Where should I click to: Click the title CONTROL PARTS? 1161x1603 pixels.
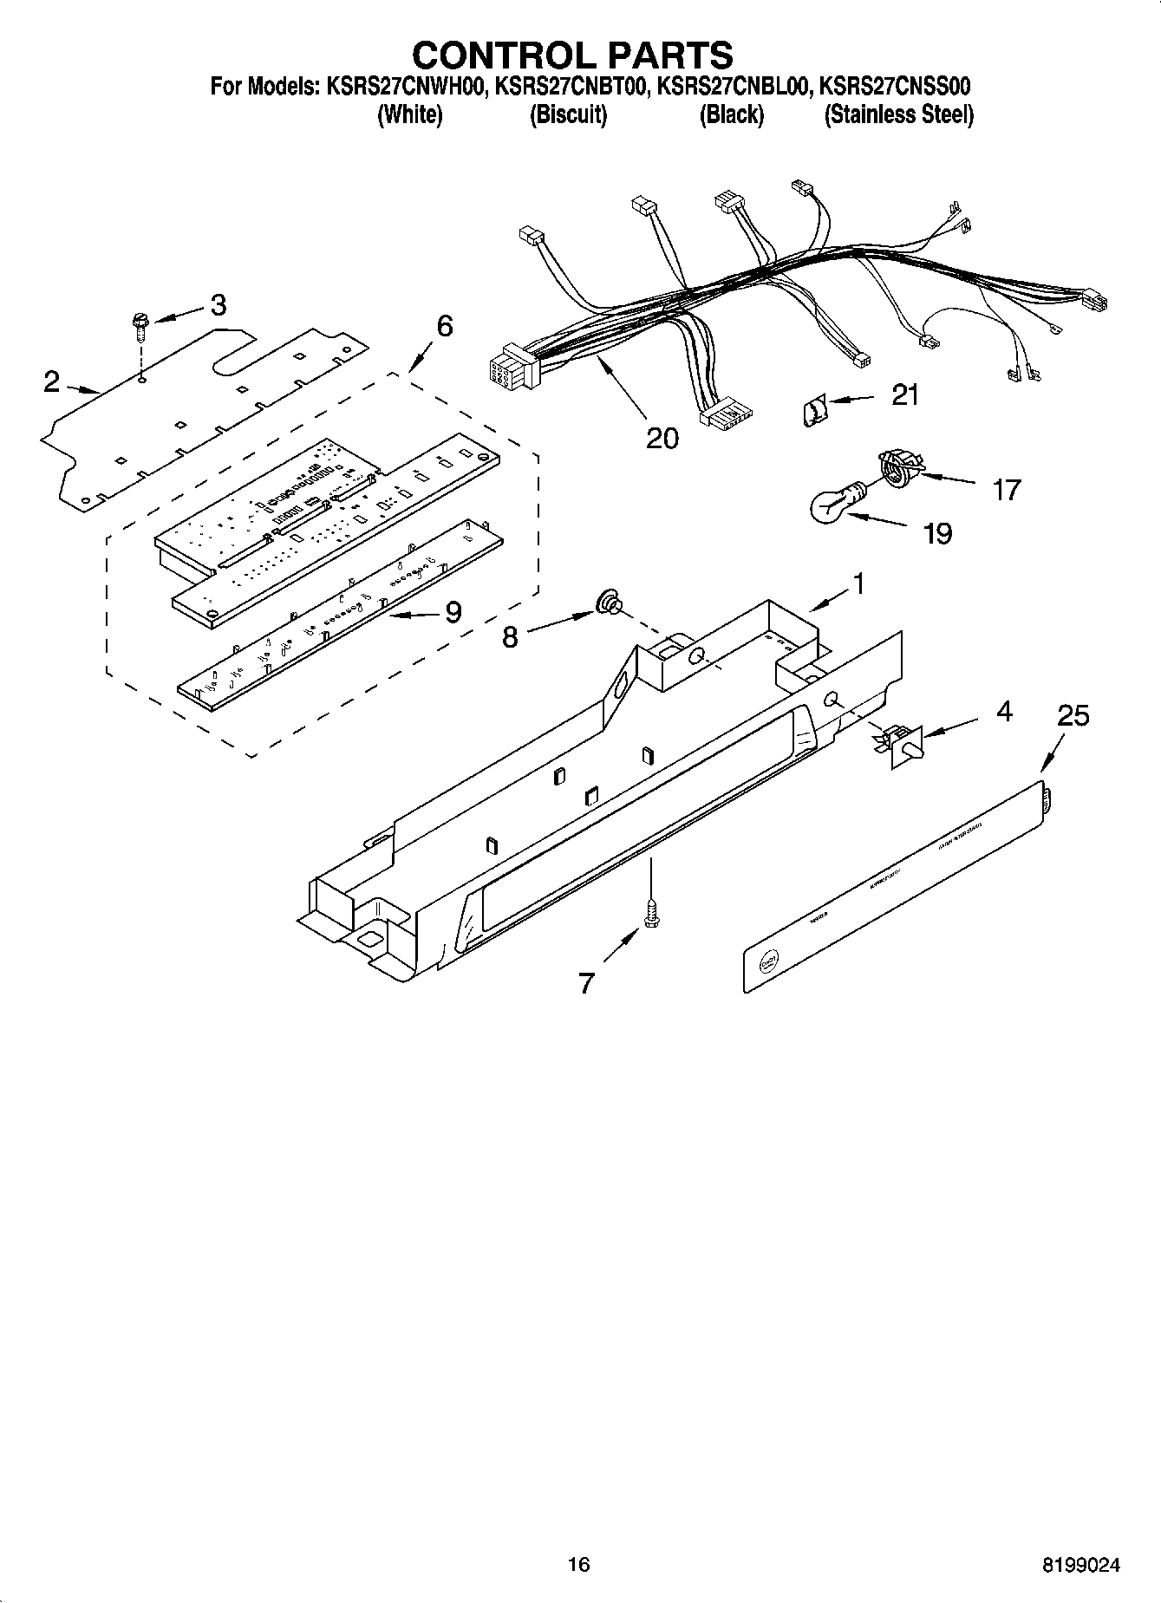tap(572, 55)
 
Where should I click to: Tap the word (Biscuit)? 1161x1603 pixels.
tap(568, 114)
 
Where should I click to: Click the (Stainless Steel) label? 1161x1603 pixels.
tap(898, 114)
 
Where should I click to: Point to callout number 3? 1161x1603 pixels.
tap(218, 304)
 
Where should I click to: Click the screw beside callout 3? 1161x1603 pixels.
tap(140, 326)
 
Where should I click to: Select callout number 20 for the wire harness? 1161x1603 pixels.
tap(662, 438)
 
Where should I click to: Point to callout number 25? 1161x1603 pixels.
tap(1073, 716)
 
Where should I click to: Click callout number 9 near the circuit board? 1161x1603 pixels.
tap(453, 612)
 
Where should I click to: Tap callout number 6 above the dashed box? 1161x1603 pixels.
tap(444, 326)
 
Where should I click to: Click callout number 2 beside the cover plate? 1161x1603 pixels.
tap(52, 381)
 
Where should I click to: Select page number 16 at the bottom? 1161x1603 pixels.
tap(578, 1564)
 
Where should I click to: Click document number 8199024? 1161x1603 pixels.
tap(1081, 1565)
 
